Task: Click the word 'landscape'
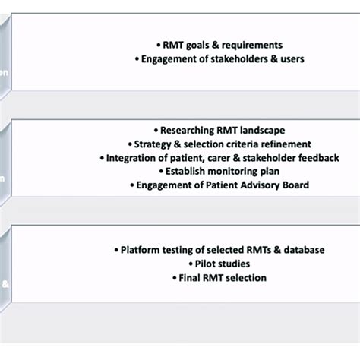(x=268, y=131)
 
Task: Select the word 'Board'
(x=308, y=185)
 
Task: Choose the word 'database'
(x=302, y=250)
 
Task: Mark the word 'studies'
(x=235, y=264)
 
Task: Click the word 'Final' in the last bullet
(x=188, y=277)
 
